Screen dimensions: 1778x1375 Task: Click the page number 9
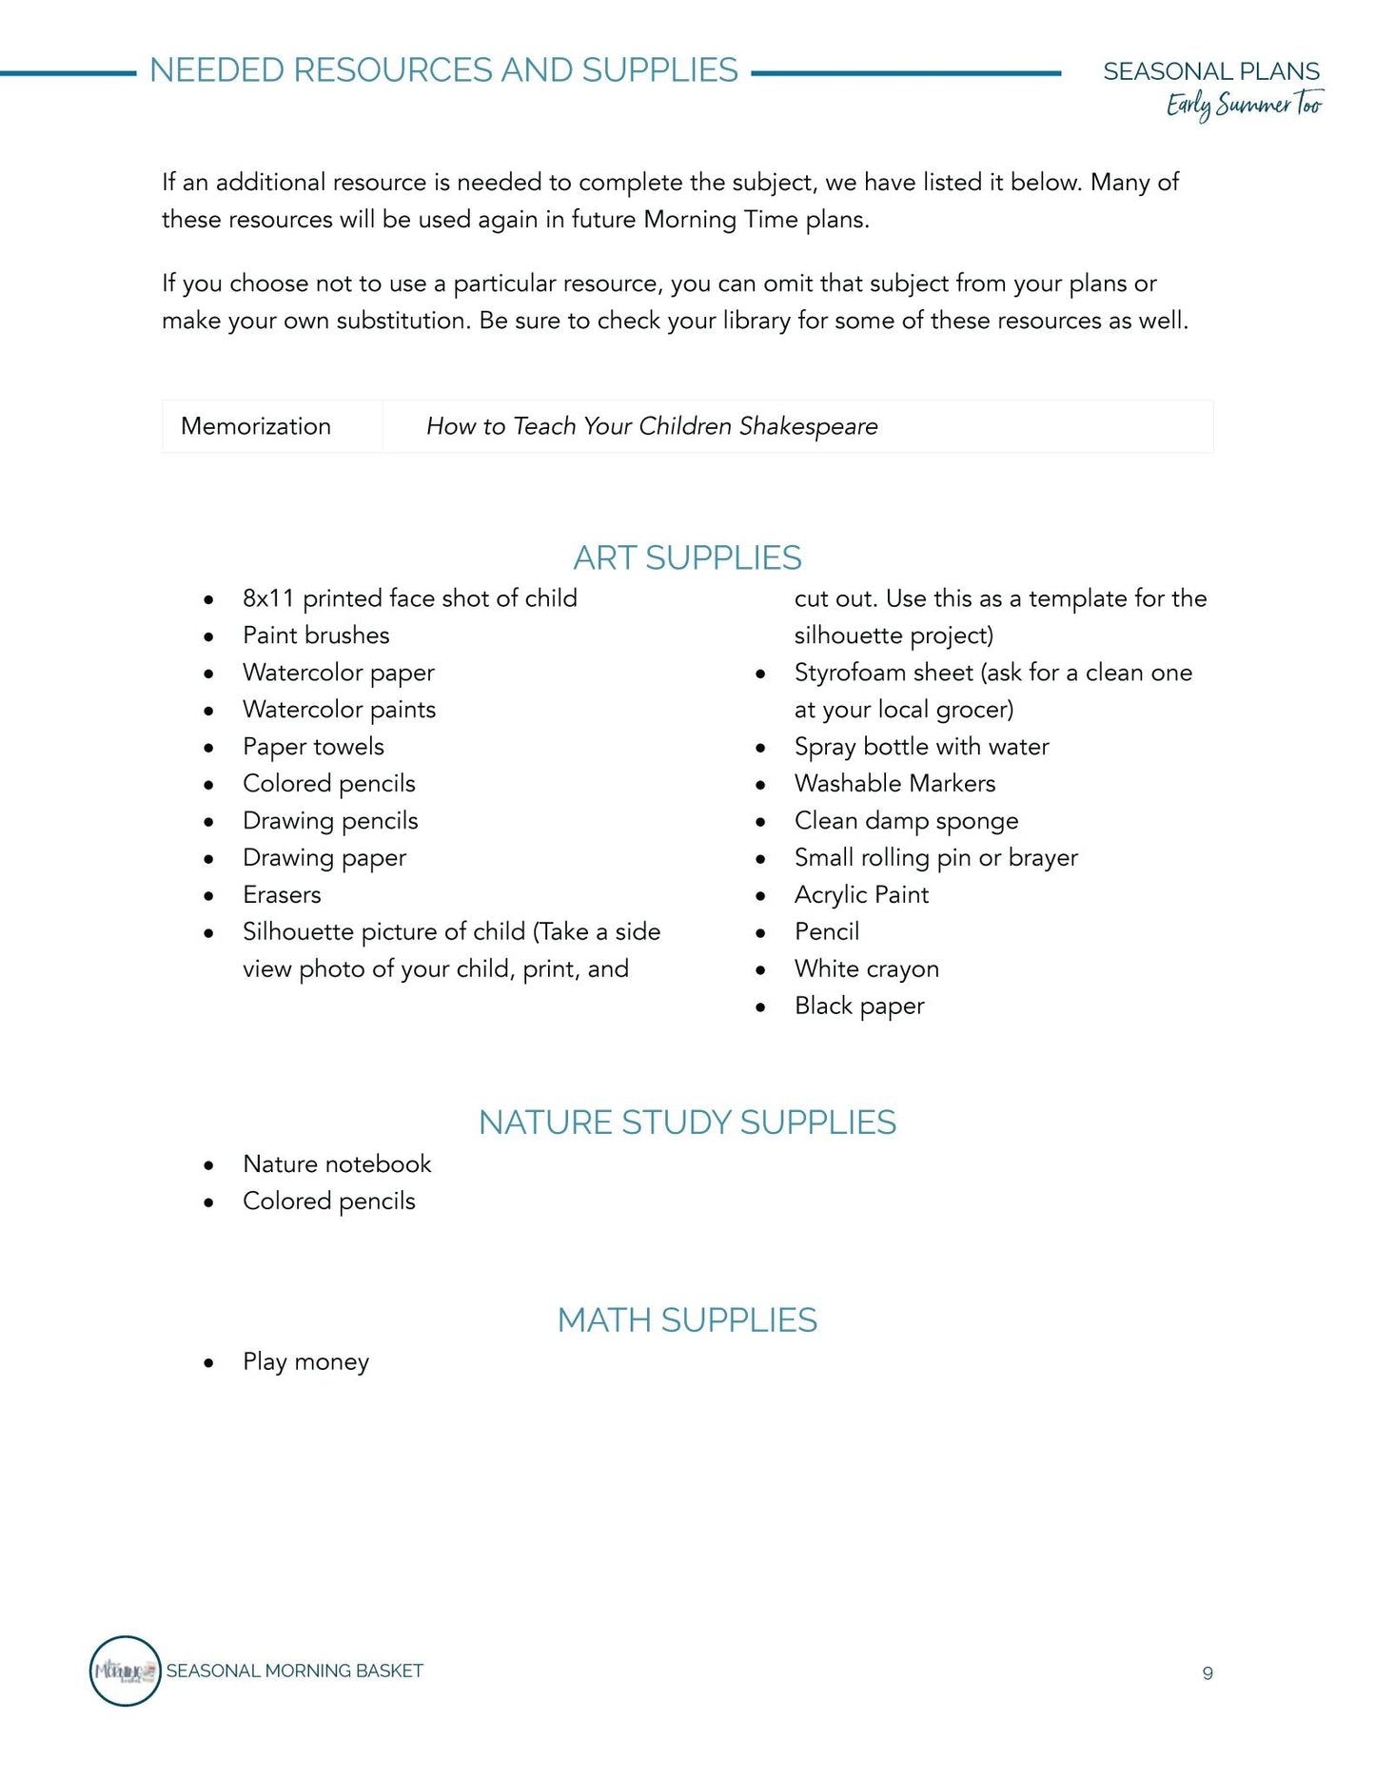click(1207, 1673)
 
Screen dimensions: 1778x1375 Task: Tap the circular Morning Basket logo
click(125, 1671)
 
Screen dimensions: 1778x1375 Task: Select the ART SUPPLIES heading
click(687, 557)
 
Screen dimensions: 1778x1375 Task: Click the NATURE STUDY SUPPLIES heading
click(687, 1123)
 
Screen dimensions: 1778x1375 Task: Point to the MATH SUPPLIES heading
click(687, 1320)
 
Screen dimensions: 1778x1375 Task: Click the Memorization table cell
click(256, 426)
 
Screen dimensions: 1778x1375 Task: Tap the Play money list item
click(305, 1361)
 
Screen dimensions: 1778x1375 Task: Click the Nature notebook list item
click(337, 1163)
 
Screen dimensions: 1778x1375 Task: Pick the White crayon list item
click(866, 968)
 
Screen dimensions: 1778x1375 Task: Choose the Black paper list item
click(859, 1006)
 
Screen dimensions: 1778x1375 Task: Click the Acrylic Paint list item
click(861, 894)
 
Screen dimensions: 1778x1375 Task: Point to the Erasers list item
click(282, 894)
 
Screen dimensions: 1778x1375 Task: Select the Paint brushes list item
click(316, 635)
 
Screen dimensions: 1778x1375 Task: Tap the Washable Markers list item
click(894, 784)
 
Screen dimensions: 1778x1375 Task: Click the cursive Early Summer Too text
click(1244, 105)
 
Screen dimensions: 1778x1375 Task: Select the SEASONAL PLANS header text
click(1210, 71)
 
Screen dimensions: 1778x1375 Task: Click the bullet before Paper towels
click(208, 749)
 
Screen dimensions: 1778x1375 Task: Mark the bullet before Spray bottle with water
click(760, 749)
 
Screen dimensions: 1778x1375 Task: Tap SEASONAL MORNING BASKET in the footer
click(294, 1671)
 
